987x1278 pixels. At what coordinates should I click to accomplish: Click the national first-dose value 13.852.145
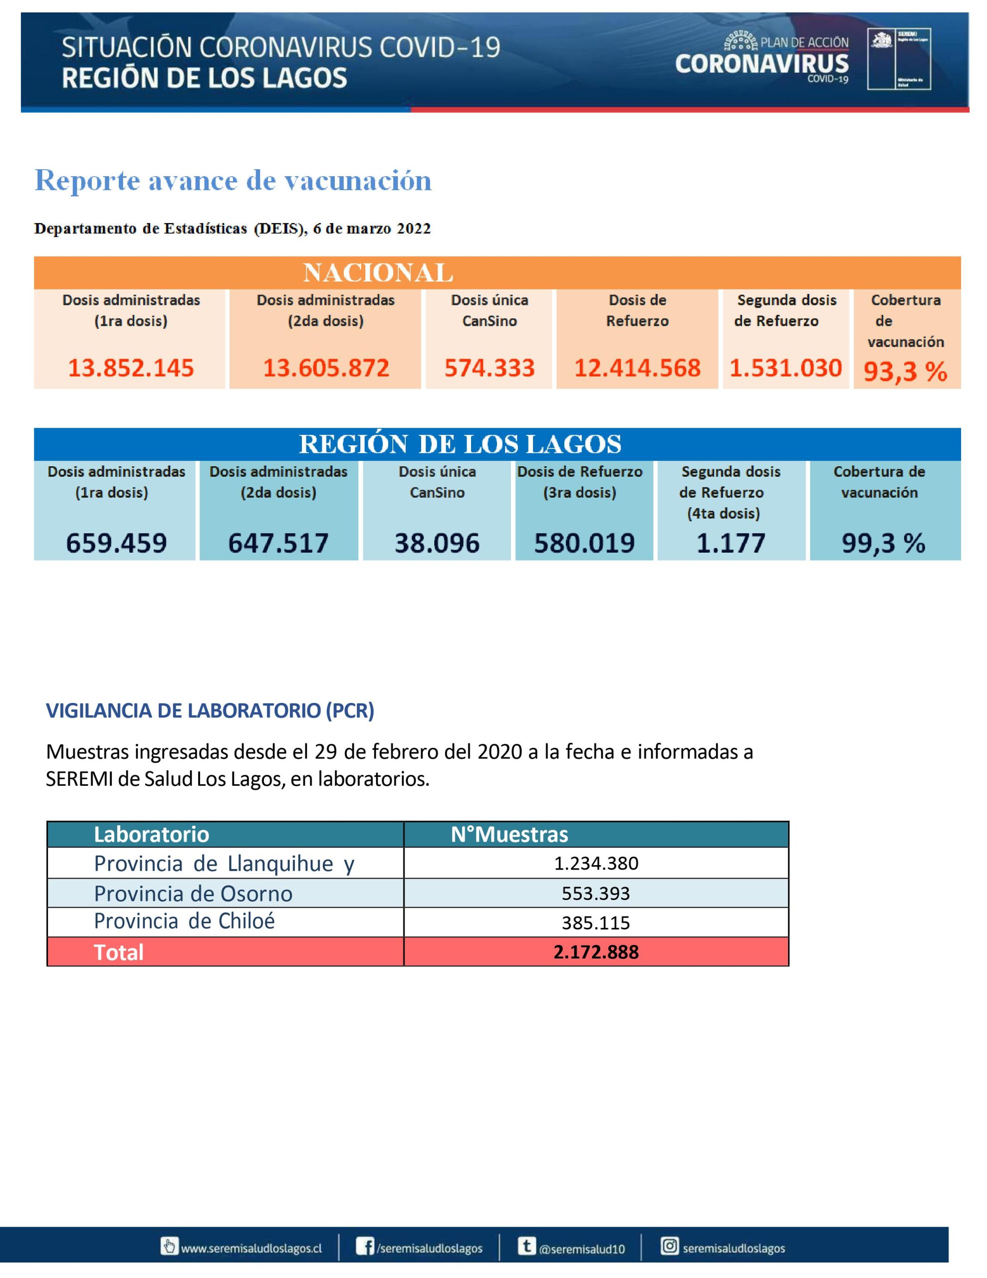coord(131,368)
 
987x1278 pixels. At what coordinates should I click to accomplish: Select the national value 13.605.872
coord(326,368)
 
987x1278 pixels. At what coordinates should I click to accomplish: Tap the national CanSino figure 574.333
coord(490,368)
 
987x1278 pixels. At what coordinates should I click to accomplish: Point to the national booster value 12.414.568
coord(637,368)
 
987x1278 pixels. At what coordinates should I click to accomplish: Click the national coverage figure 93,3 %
coord(905,371)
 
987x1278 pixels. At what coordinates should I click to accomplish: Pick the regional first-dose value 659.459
coord(116,543)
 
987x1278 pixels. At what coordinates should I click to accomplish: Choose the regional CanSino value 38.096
coord(437,543)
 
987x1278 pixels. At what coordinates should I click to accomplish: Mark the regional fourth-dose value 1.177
coord(731,543)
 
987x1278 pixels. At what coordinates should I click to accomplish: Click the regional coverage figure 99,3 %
coord(883,543)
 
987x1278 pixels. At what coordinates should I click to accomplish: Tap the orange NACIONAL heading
coord(378,273)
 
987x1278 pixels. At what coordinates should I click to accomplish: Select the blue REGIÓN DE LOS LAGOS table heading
coord(461,444)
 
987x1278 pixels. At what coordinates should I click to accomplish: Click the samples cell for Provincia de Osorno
coord(596,893)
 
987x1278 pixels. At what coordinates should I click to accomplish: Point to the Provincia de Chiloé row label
coord(184,921)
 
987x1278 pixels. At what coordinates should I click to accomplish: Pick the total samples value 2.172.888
coord(596,952)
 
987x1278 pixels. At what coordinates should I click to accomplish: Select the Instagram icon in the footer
coord(669,1246)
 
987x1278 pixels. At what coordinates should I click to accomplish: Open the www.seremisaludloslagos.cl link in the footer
coord(251,1248)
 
